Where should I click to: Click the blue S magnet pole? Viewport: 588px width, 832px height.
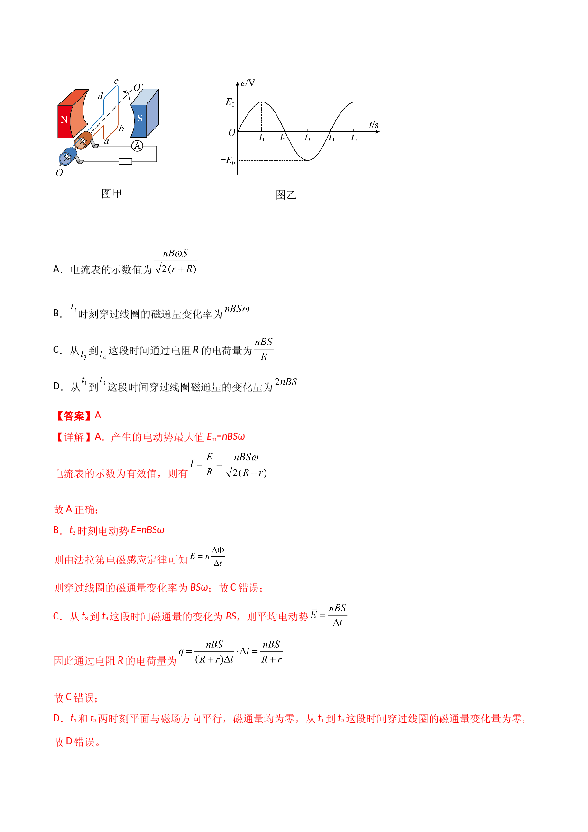(x=144, y=114)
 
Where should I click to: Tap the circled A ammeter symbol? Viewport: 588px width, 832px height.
(x=137, y=146)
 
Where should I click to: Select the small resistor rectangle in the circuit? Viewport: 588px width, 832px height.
(x=125, y=162)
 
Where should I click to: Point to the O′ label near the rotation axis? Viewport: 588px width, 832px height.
(x=138, y=88)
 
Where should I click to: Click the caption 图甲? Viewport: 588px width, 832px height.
(x=112, y=194)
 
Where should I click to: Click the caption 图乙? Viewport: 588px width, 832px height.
(x=286, y=195)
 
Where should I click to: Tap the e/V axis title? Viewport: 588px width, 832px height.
(x=248, y=83)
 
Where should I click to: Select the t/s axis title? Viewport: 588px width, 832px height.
(x=374, y=125)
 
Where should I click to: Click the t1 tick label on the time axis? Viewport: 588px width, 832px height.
(x=262, y=138)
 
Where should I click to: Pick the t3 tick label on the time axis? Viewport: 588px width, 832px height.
(x=307, y=138)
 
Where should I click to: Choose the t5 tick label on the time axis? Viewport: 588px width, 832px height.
(x=354, y=138)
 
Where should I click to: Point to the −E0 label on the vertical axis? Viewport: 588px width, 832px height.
(x=228, y=160)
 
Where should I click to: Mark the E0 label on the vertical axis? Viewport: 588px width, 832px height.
(x=230, y=102)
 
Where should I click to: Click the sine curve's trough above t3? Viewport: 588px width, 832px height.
(x=308, y=160)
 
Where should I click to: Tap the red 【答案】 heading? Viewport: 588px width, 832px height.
(x=73, y=416)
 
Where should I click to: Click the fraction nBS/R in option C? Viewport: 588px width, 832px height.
(x=264, y=349)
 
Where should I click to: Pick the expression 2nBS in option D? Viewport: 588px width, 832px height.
(x=286, y=382)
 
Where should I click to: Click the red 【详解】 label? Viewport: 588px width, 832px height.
(x=73, y=437)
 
